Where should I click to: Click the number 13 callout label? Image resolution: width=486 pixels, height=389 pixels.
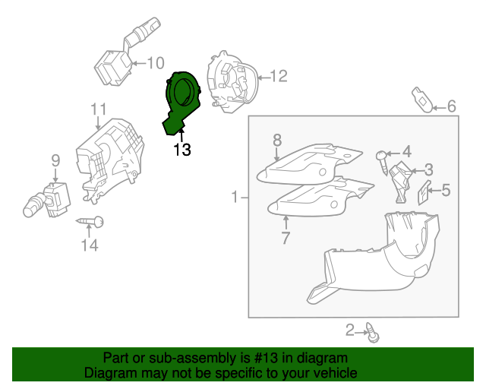coord(182,150)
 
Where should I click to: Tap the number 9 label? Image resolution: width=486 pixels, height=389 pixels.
coord(55,160)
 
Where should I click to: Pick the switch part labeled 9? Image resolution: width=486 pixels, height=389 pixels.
coord(49,198)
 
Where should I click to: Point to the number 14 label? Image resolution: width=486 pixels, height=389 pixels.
coord(90,245)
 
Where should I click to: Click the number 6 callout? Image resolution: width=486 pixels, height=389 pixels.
coord(451,106)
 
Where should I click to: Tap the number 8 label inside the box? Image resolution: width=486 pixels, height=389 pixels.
coord(277,139)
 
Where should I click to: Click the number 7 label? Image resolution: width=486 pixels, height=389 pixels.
coord(286,238)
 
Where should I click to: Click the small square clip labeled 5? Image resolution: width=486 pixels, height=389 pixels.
coord(424,195)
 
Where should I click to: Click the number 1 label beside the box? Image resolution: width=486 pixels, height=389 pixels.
coord(235,198)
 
